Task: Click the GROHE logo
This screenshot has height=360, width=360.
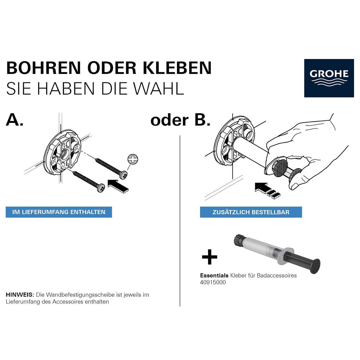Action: [329, 78]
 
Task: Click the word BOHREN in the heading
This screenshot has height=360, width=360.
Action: [44, 68]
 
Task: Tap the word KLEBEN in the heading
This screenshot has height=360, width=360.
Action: [177, 68]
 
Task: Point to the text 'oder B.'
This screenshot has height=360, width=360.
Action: [180, 120]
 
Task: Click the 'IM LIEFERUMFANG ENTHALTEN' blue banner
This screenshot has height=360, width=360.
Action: [59, 212]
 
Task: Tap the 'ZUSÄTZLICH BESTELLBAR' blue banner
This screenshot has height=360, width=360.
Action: [251, 212]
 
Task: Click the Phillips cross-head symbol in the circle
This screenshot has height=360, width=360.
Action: [133, 159]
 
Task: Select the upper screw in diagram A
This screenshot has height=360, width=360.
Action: [111, 168]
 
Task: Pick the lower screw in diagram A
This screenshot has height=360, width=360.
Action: [89, 181]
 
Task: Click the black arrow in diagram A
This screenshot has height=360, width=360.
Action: [118, 186]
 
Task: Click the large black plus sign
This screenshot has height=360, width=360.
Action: [210, 257]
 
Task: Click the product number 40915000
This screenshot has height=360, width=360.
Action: [213, 282]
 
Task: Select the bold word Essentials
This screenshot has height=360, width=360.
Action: [214, 276]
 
